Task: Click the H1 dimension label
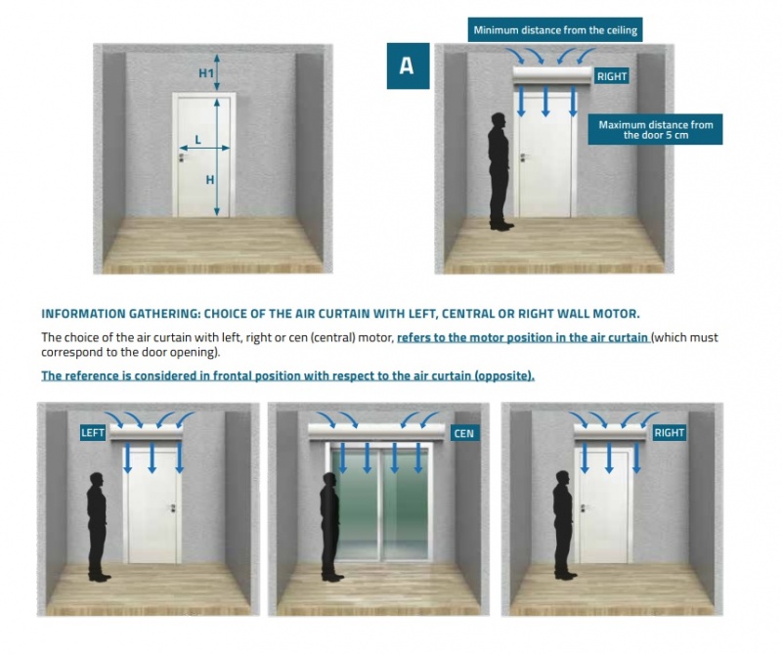(x=206, y=73)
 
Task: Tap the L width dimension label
(x=198, y=140)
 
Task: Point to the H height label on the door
(x=210, y=180)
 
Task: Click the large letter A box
(x=408, y=65)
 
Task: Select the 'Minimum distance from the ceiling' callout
(x=555, y=30)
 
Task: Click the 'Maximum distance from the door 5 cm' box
(x=655, y=130)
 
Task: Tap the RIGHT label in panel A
(x=612, y=76)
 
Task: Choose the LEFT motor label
(x=93, y=432)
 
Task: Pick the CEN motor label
(x=463, y=433)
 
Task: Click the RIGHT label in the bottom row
(x=669, y=432)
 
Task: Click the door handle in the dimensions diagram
(x=181, y=157)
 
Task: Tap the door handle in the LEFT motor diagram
(x=173, y=507)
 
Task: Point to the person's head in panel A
(x=499, y=121)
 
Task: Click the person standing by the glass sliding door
(x=329, y=527)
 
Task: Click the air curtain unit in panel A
(x=552, y=76)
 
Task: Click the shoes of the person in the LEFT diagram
(x=100, y=577)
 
